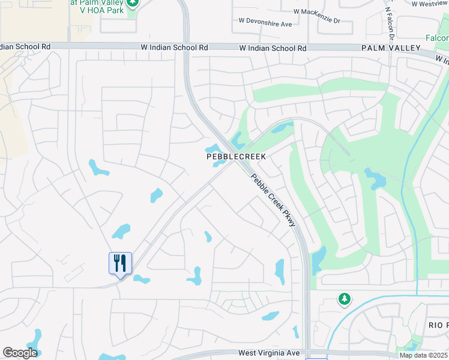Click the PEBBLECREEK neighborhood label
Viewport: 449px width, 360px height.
pos(236,156)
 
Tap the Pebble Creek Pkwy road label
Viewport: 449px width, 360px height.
pos(274,200)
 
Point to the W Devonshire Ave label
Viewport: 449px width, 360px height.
pos(265,24)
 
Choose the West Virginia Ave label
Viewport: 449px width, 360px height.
pos(268,353)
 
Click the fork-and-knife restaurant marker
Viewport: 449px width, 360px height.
pos(120,263)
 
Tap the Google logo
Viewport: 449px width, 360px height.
pos(20,353)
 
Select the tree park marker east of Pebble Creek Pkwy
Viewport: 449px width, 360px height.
pos(344,298)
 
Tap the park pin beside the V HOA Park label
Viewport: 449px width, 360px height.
pos(133,3)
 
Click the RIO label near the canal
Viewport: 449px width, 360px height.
pos(436,325)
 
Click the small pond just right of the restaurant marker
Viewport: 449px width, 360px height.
pos(141,279)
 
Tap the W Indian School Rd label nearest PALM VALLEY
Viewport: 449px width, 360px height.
pos(273,48)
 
